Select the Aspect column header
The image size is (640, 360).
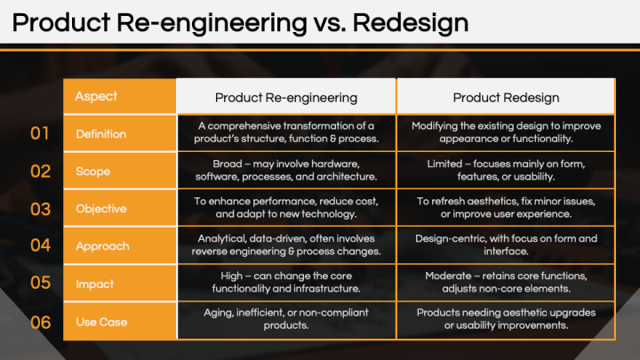[96, 96]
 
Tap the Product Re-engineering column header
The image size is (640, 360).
[286, 97]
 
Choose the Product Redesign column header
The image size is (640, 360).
[507, 97]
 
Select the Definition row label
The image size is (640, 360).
[101, 134]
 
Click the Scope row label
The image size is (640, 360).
[92, 172]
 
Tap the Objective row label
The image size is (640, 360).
[100, 209]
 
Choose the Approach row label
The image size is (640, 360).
[102, 246]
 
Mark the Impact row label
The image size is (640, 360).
[94, 284]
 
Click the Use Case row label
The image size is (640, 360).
[101, 322]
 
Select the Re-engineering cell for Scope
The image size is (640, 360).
[286, 172]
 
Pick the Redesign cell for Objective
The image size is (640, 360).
[507, 209]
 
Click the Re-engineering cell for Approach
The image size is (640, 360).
[286, 246]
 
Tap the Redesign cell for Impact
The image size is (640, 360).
[507, 284]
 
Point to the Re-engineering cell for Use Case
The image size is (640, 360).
[286, 322]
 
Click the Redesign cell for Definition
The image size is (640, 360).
[507, 134]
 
